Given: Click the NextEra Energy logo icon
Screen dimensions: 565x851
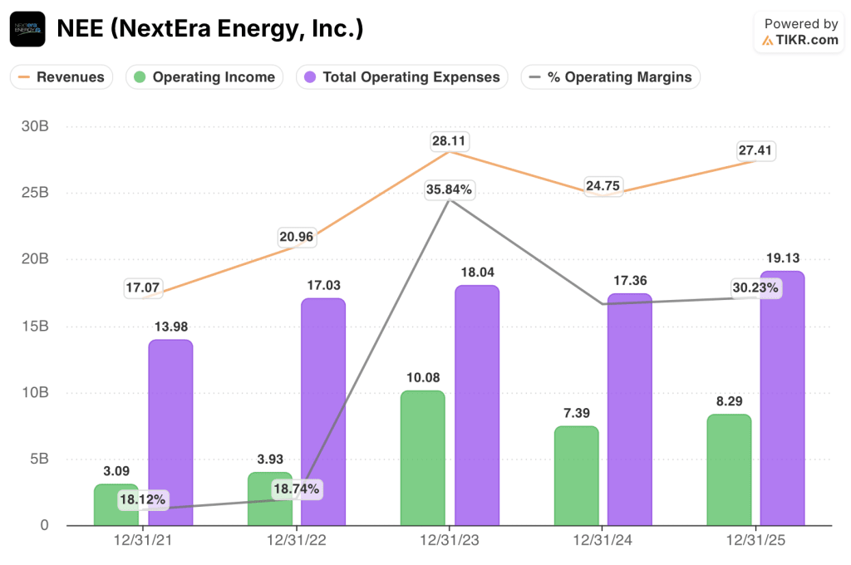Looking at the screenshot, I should [27, 29].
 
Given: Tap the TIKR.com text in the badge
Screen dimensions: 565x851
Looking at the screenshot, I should [808, 40].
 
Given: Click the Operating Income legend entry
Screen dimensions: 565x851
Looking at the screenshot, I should [204, 77].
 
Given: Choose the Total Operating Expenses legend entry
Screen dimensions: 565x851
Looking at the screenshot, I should [401, 77].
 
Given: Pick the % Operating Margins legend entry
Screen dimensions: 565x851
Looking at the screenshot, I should [610, 77].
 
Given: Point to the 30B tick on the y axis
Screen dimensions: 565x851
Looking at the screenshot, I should [34, 126].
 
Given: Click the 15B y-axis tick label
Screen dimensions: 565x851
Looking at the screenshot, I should [34, 326].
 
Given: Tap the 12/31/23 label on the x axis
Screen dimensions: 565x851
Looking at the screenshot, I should [450, 540].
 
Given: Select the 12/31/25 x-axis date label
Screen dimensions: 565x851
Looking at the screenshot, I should [755, 540].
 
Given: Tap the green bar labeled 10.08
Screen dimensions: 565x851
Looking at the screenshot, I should [423, 458].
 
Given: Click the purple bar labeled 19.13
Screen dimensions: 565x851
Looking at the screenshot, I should [783, 398].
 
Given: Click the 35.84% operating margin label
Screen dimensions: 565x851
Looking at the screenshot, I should [450, 189].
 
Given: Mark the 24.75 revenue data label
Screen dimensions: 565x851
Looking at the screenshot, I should [603, 186].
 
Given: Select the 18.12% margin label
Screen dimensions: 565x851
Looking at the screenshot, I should [143, 500].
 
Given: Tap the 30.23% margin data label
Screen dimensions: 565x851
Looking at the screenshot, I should [755, 288].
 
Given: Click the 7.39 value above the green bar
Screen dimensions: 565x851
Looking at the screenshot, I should [576, 413].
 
